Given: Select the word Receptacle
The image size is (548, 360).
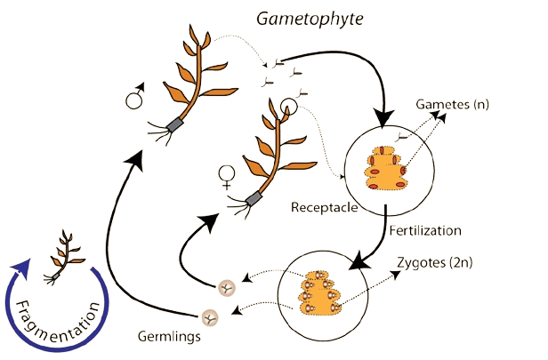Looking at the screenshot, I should tap(325, 207).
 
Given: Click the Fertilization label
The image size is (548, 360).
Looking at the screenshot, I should tap(425, 230).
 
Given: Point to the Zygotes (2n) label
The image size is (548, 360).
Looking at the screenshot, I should tap(433, 264).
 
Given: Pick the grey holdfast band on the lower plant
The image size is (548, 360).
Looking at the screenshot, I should tap(254, 196).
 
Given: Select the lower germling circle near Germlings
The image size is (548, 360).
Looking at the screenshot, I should tap(210, 316).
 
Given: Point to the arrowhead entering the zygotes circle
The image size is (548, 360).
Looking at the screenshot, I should tap(357, 264).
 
